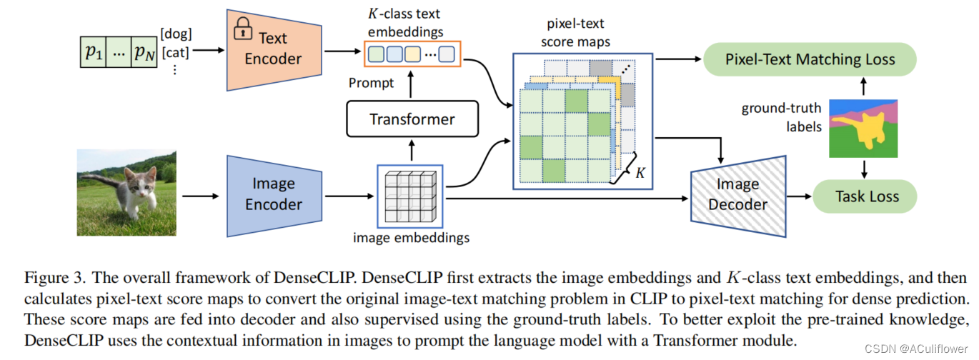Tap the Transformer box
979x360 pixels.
tap(412, 119)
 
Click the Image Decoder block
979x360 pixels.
tap(737, 194)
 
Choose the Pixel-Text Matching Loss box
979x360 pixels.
tap(810, 59)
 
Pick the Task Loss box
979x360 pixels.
tap(867, 196)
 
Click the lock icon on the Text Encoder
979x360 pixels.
tap(244, 29)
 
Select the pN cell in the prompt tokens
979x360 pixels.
tap(143, 51)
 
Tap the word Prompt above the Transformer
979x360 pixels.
tap(371, 83)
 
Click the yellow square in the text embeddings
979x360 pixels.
tap(412, 53)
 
